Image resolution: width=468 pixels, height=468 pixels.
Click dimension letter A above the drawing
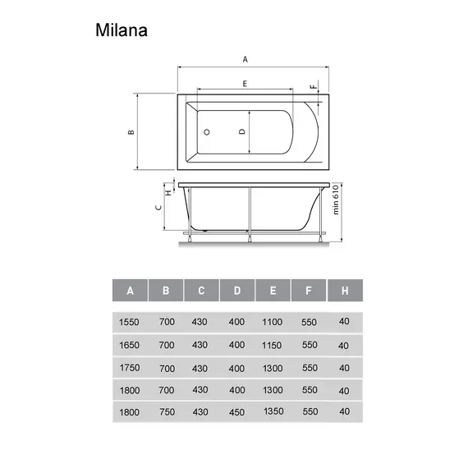(245, 59)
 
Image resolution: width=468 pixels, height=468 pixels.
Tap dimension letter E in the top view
(245, 84)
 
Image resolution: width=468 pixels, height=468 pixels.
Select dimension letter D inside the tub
(241, 131)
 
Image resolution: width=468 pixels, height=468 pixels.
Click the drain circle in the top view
(207, 131)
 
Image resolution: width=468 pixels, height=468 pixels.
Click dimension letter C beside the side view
(158, 207)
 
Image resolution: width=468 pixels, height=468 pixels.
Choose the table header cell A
(130, 291)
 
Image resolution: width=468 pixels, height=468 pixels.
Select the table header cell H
(345, 291)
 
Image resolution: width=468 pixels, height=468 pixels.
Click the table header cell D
(236, 291)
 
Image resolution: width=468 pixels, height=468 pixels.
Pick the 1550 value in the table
(130, 322)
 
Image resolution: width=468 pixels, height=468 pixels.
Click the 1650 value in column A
(130, 345)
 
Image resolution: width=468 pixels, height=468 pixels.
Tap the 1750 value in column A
(130, 368)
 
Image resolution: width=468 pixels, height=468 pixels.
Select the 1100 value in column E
(273, 322)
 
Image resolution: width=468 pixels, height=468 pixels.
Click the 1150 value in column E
(273, 345)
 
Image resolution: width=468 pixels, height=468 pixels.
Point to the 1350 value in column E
(274, 411)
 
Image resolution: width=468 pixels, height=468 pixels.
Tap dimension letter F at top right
(313, 86)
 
